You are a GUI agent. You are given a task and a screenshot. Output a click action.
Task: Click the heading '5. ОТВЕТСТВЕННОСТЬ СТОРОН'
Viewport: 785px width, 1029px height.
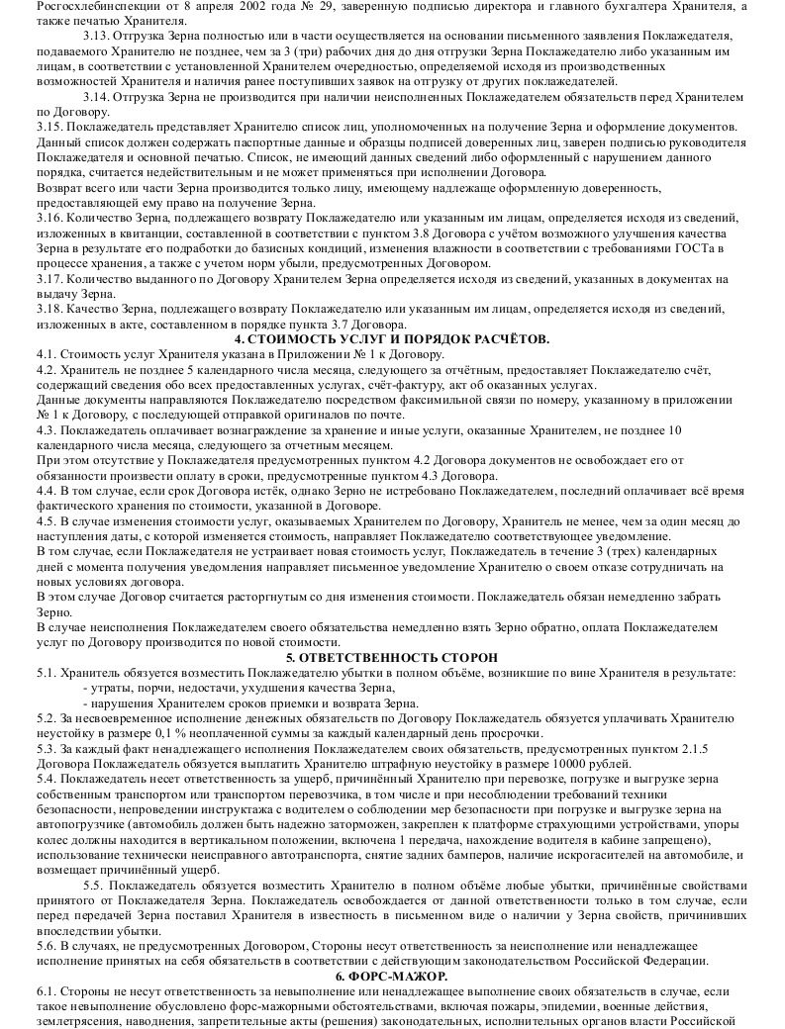pyautogui.click(x=391, y=658)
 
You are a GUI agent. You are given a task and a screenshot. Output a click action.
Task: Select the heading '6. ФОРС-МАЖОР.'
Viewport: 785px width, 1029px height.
pyautogui.click(x=392, y=976)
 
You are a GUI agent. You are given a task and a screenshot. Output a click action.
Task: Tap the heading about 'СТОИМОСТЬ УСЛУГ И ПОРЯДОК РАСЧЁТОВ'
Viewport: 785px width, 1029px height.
pyautogui.click(x=392, y=339)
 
